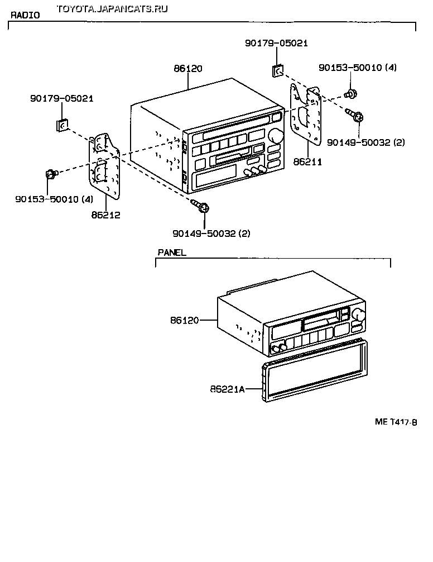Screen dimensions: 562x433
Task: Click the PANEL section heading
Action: coord(171,253)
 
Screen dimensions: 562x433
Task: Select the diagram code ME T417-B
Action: coord(396,422)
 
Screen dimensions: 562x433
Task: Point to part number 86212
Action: coord(107,215)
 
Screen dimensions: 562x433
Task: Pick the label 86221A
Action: coord(228,389)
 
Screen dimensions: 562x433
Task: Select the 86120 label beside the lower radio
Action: coord(185,320)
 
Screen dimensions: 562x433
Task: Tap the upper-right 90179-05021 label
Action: coord(276,43)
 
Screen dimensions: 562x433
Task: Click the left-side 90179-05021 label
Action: coord(61,98)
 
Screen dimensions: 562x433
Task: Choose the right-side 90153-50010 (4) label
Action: coord(358,67)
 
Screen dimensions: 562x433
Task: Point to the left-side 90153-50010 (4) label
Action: coord(54,198)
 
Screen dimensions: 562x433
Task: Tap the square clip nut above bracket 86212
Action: coord(62,125)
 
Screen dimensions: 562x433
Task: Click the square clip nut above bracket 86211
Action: coord(277,70)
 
